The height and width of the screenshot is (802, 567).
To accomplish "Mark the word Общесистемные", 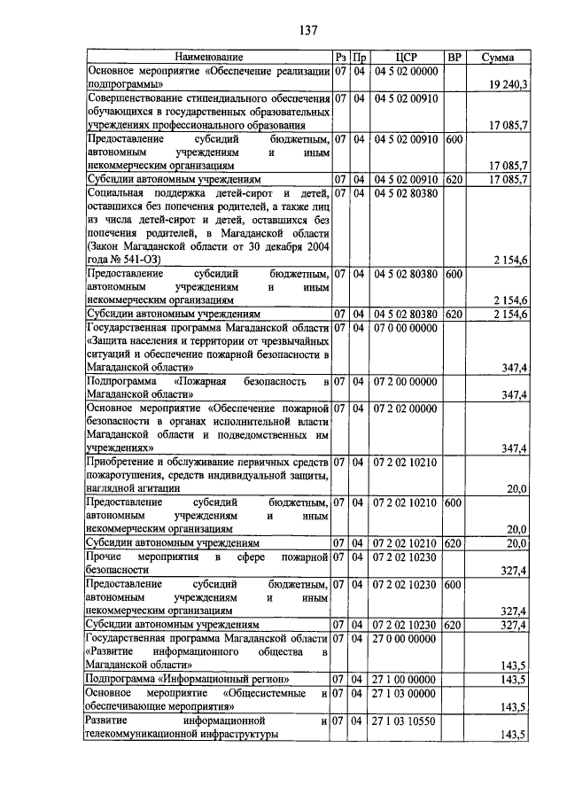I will tap(265, 693).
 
